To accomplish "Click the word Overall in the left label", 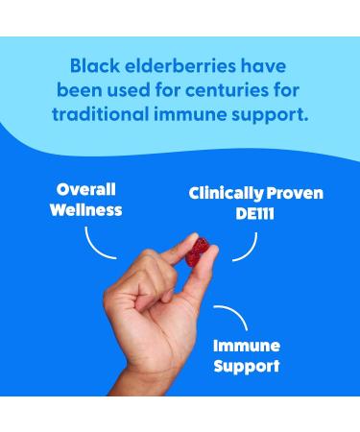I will coord(87,189).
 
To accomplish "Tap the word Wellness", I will coord(87,208).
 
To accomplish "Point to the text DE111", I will coord(254,213).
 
